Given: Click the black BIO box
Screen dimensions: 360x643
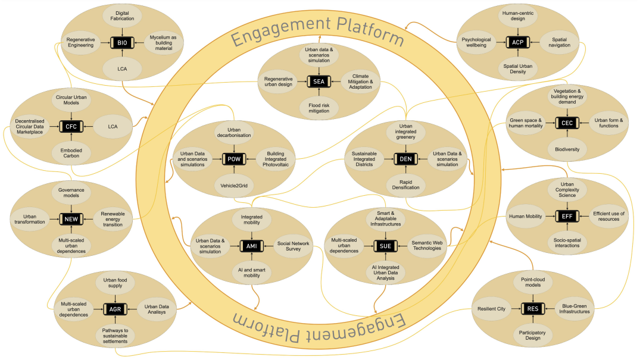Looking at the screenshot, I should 122,43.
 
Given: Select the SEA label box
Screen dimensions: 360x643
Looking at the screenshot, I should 319,82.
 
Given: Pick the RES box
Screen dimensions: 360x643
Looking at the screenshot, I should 532,308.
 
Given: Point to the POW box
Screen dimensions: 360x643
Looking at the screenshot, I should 232,159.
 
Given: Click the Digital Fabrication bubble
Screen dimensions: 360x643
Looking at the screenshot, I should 122,15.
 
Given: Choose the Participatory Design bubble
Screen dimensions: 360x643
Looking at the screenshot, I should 533,335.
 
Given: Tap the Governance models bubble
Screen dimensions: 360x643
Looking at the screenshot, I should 71,194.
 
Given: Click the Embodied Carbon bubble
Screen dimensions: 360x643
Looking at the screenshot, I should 71,154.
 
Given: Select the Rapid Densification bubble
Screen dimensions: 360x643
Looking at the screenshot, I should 405,184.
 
